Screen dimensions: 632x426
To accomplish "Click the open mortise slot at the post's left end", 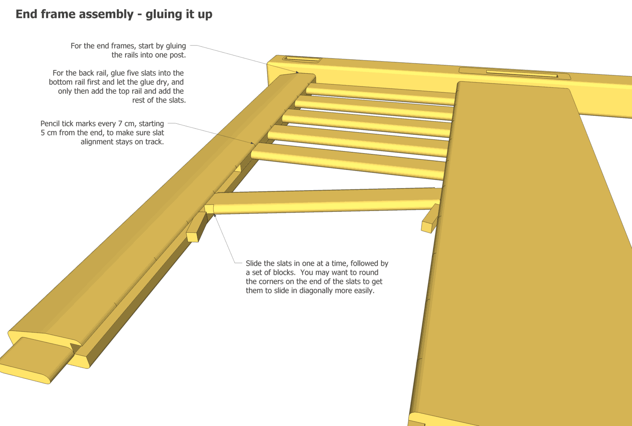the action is [x=302, y=59].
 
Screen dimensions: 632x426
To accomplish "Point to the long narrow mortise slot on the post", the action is [x=522, y=74].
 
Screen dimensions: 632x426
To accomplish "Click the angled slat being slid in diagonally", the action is [x=324, y=201].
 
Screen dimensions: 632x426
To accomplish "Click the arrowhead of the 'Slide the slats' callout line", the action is [x=215, y=216].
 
